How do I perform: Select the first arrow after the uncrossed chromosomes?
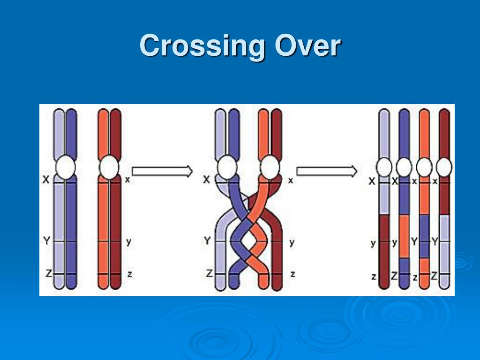click(162, 171)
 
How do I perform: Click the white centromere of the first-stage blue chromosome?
click(65, 167)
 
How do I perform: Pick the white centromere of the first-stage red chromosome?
click(109, 167)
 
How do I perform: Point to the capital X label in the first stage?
click(46, 180)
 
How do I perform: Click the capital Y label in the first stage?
click(46, 241)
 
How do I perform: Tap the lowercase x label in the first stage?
click(127, 180)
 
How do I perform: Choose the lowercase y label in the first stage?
click(128, 242)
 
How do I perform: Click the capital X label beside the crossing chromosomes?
click(207, 180)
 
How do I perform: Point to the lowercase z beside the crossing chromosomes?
click(292, 274)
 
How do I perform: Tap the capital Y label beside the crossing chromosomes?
click(207, 241)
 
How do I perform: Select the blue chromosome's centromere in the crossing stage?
click(227, 167)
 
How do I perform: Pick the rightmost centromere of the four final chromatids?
click(444, 167)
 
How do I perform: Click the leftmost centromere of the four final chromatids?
click(384, 167)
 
